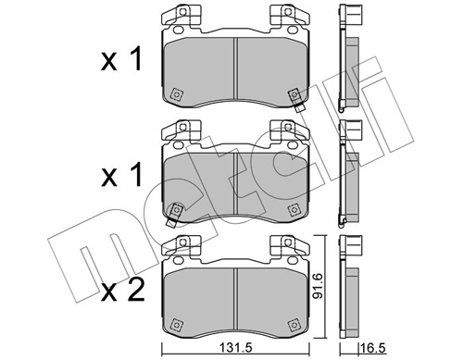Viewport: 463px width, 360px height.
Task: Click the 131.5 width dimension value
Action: point(235,348)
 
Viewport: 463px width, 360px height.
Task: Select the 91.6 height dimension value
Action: point(318,287)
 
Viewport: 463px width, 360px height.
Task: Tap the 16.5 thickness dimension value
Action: point(373,349)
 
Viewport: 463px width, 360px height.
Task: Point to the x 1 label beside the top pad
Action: point(121,59)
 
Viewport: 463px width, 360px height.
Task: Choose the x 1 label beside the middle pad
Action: point(121,174)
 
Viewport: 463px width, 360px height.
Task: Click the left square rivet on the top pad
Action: point(176,94)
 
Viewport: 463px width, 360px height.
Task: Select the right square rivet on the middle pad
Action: point(294,209)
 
